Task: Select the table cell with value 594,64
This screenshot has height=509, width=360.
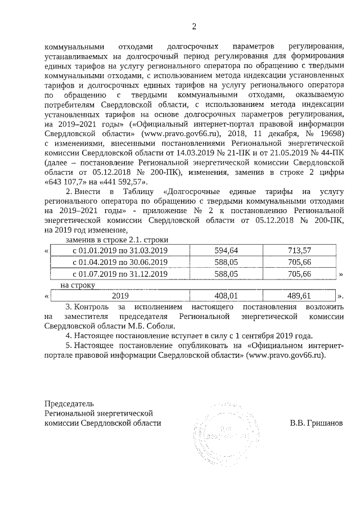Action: [227, 250]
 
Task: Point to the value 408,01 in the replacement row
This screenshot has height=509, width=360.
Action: [227, 295]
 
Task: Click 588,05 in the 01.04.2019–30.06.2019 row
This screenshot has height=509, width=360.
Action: [227, 262]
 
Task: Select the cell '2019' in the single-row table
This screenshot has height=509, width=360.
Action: [121, 295]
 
